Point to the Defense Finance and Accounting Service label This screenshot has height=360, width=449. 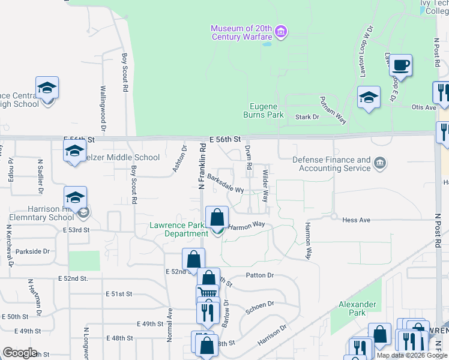click(x=331, y=164)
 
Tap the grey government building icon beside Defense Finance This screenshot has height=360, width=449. click(x=379, y=163)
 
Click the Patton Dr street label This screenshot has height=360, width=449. click(x=259, y=275)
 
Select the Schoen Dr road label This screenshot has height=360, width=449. click(x=259, y=307)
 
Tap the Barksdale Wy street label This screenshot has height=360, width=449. click(x=225, y=183)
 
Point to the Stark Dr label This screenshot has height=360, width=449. click(x=308, y=117)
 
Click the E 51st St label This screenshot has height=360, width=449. click(x=118, y=294)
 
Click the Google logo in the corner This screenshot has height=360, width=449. click(x=20, y=353)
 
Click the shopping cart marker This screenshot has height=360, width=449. click(x=207, y=295)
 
